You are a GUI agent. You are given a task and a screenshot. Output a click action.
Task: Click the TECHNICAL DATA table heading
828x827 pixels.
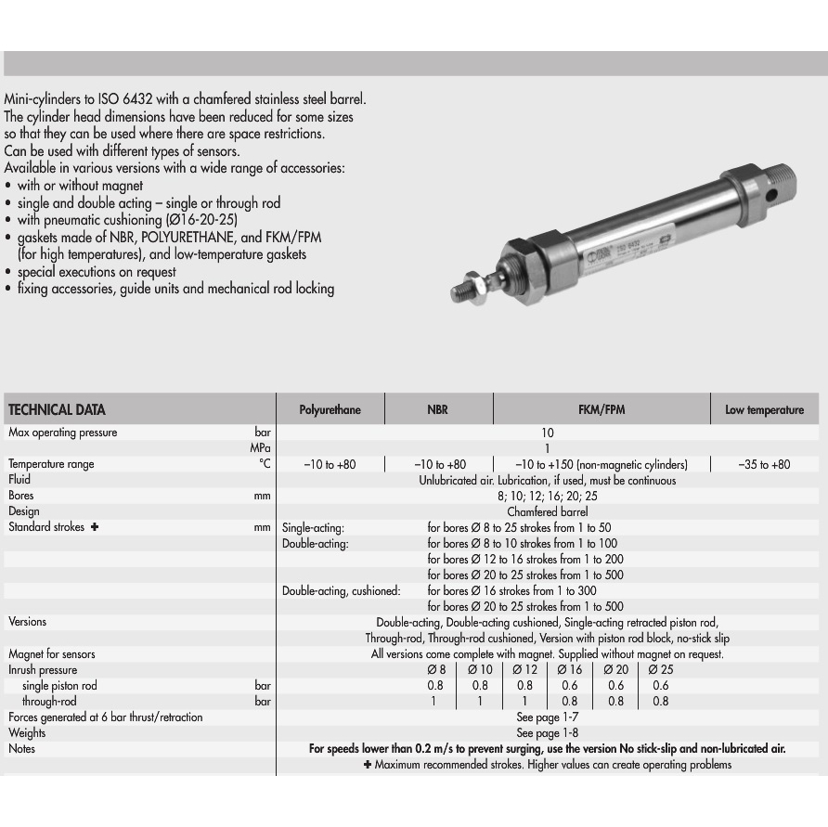pos(57,410)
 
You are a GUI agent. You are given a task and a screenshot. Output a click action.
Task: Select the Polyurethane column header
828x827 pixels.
pos(330,410)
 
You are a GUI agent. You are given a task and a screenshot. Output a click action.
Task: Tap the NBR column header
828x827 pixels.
pos(437,410)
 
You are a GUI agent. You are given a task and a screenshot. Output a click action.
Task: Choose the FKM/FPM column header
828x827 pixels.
pos(602,410)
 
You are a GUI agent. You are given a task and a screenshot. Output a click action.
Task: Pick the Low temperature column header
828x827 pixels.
pos(764,410)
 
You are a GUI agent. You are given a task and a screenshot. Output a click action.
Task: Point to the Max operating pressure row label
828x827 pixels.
pos(63,433)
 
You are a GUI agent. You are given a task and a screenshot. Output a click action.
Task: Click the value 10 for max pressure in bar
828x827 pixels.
pos(548,433)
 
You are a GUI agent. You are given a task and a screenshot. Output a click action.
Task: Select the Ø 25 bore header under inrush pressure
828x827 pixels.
pos(661,670)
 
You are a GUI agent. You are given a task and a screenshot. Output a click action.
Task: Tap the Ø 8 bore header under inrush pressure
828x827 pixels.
pos(436,670)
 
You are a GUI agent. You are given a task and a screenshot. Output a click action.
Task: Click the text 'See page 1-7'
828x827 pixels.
pos(548,717)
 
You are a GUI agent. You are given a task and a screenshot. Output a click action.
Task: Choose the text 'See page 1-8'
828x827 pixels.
pos(548,733)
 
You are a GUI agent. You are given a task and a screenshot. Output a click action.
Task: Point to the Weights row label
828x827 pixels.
pos(27,733)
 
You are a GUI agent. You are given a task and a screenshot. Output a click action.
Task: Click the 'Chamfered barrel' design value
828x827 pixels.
pos(548,511)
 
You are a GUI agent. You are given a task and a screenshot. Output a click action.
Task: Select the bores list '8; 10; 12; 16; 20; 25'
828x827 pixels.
pos(548,496)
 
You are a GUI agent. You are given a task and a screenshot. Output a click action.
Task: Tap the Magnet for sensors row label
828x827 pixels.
pos(52,654)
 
